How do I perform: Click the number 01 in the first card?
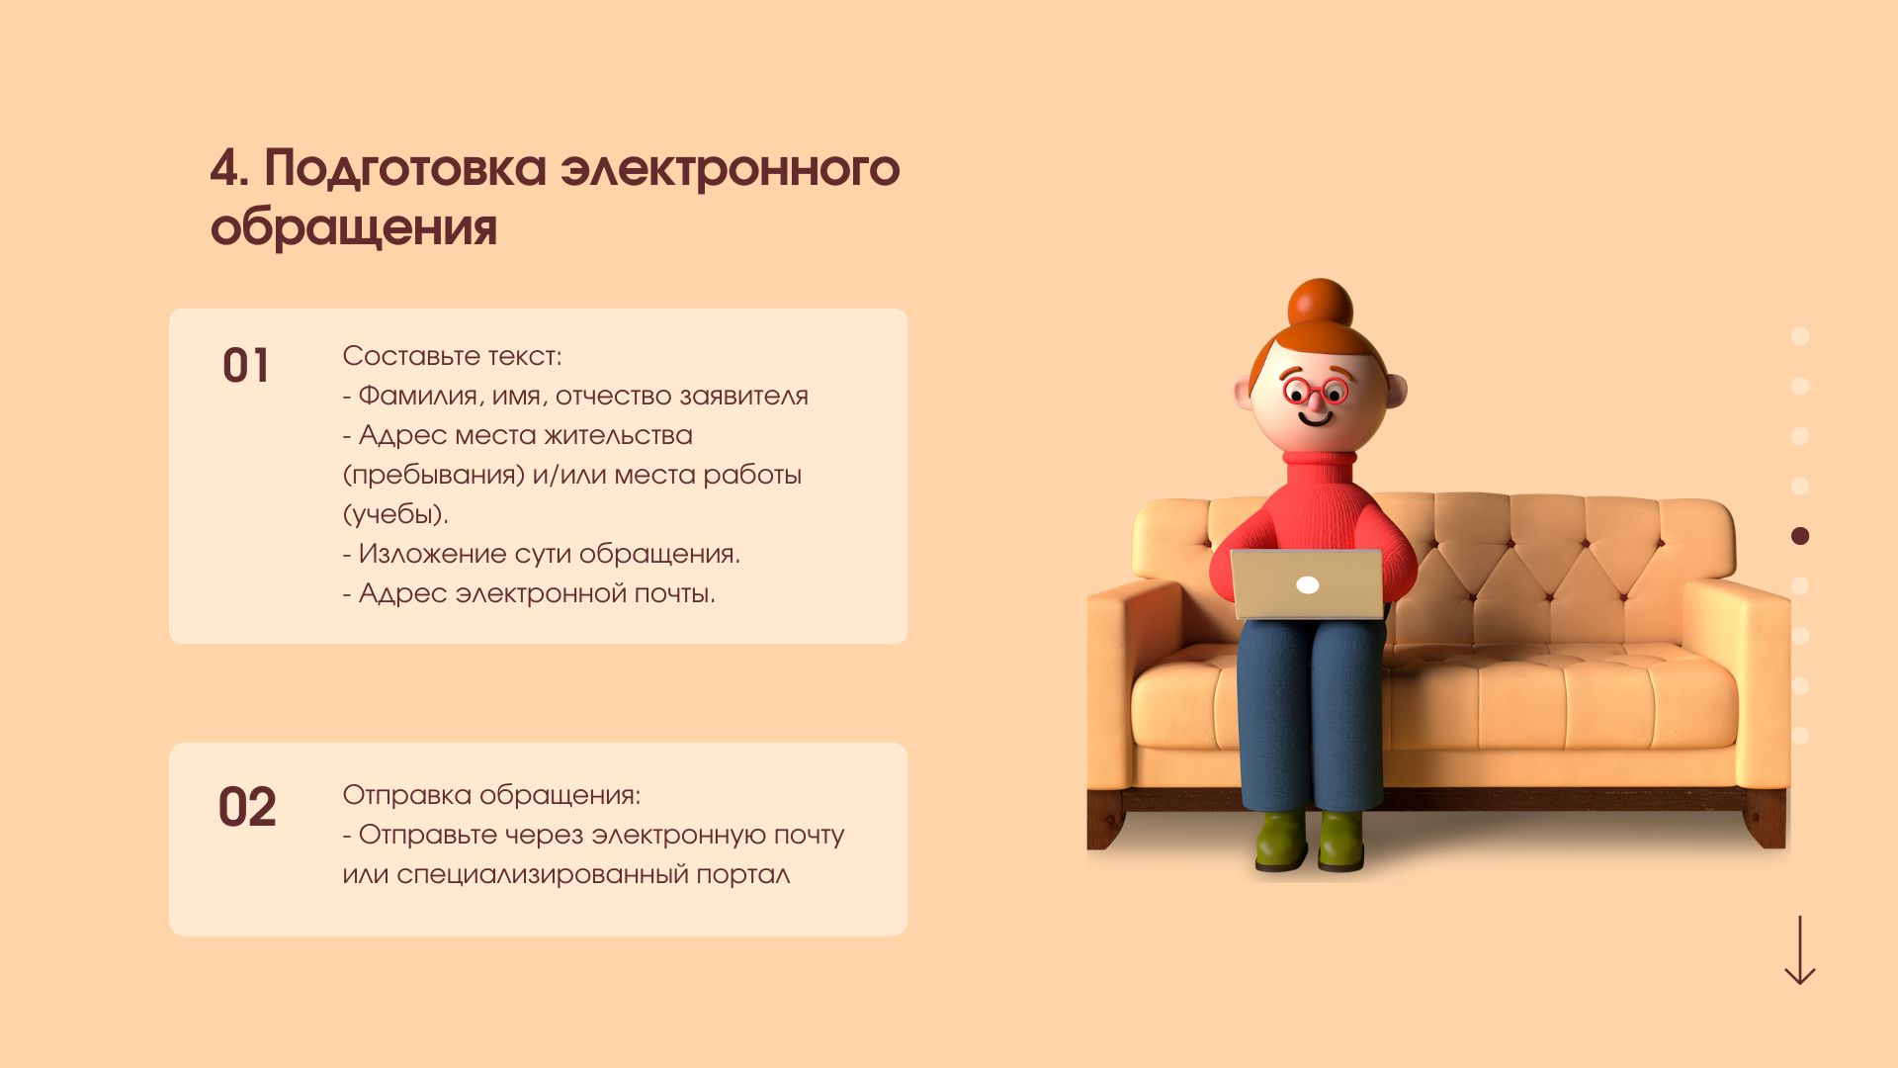point(246,366)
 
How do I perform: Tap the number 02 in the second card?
point(247,807)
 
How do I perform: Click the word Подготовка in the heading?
point(405,169)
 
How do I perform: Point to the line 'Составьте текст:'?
point(452,356)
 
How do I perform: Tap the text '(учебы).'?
point(395,514)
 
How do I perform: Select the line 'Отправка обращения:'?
point(491,795)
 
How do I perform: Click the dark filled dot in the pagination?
point(1800,536)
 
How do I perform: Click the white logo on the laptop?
point(1308,585)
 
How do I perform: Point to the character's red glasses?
point(1316,391)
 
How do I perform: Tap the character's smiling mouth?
point(1316,419)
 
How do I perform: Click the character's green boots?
point(1310,842)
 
